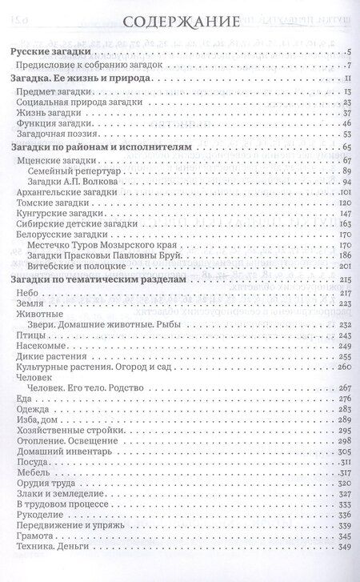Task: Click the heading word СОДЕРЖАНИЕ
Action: tap(180, 21)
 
